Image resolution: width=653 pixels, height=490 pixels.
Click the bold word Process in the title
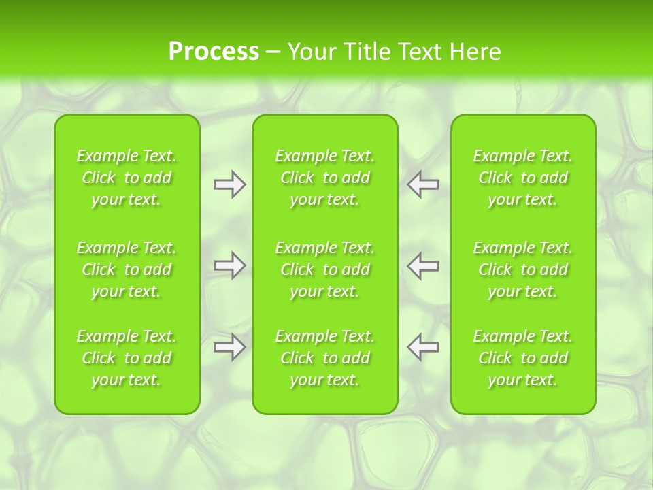click(x=214, y=52)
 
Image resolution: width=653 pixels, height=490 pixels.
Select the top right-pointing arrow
click(x=230, y=184)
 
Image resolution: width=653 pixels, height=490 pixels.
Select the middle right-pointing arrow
click(x=230, y=265)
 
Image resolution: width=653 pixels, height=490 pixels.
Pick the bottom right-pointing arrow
click(x=230, y=346)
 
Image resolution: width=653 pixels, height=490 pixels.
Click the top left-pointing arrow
click(x=422, y=184)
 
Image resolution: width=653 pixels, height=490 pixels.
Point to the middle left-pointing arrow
click(x=422, y=265)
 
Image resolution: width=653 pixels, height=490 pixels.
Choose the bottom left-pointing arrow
click(x=422, y=346)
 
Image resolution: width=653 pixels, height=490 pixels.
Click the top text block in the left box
click(x=127, y=178)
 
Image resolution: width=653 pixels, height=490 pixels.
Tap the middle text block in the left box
click(x=127, y=269)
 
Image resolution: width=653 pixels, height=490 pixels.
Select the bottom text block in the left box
click(x=127, y=358)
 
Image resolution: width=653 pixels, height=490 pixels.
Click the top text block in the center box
click(x=325, y=178)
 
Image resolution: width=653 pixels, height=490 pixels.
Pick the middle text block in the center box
click(x=325, y=269)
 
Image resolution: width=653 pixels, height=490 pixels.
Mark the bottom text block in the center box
click(x=325, y=358)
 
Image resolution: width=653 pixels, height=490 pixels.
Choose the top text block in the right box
click(x=523, y=178)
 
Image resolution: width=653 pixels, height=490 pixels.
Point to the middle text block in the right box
click(x=523, y=269)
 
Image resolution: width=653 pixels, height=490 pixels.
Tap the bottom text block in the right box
click(x=523, y=358)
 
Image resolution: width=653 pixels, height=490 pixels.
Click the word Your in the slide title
click(x=312, y=52)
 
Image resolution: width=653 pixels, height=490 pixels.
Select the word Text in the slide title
click(x=417, y=52)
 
